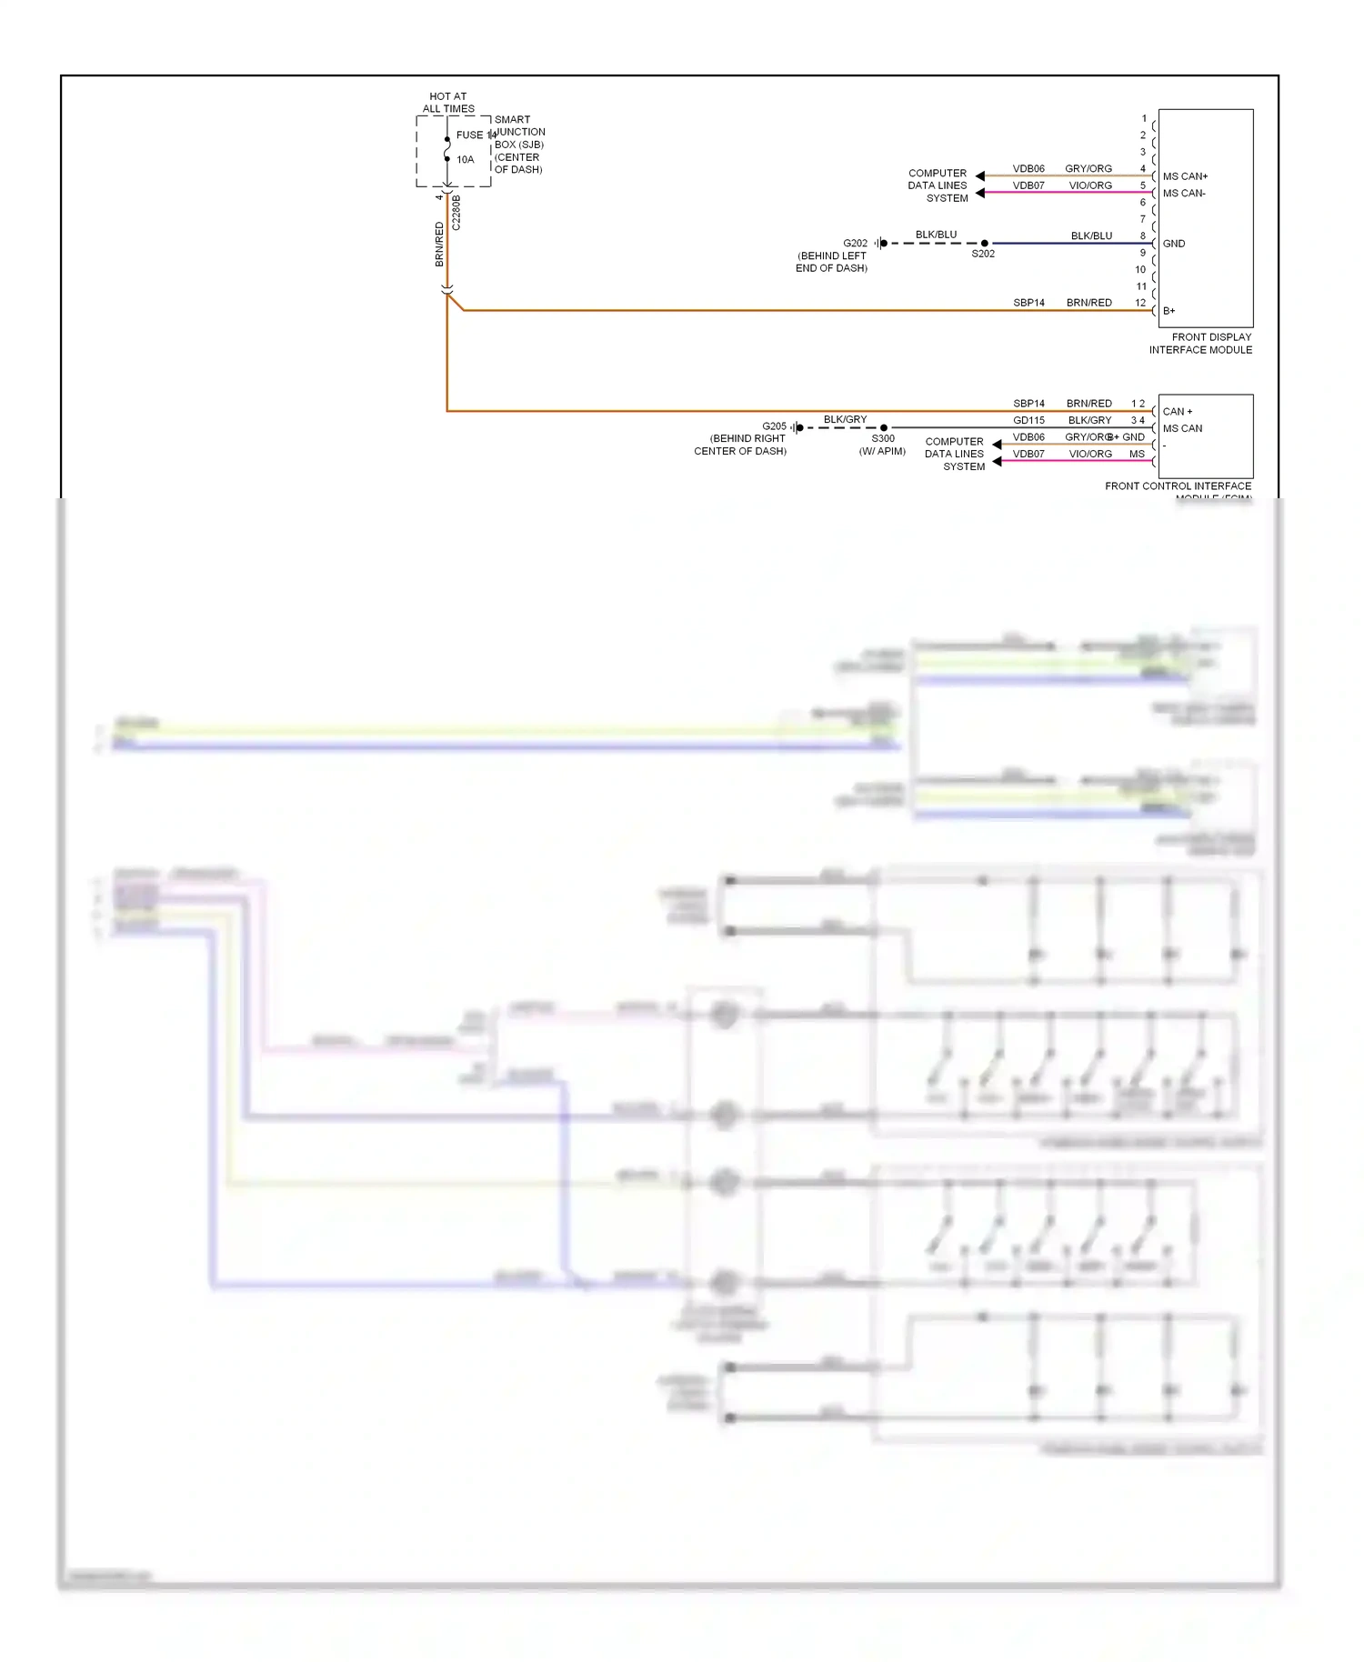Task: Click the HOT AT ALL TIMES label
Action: (x=448, y=102)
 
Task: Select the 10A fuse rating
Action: (x=465, y=159)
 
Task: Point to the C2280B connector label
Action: (x=456, y=212)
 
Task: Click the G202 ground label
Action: (x=855, y=243)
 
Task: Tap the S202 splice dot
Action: (x=985, y=243)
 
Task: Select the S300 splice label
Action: (x=883, y=438)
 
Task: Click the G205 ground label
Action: (x=774, y=426)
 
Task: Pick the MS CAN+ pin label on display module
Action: (x=1185, y=176)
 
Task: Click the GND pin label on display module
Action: (x=1174, y=244)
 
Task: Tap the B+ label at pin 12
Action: (x=1169, y=311)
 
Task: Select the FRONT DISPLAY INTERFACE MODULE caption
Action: (x=1200, y=343)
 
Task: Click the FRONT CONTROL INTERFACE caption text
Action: (x=1178, y=486)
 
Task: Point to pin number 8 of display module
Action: (x=1143, y=235)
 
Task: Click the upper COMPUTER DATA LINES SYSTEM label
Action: (x=938, y=185)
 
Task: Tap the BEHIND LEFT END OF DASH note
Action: (x=832, y=262)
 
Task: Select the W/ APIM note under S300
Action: (x=882, y=451)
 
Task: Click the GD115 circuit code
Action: (x=1028, y=420)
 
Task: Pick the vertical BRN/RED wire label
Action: (x=439, y=244)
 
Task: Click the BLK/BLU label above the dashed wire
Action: (x=936, y=235)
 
